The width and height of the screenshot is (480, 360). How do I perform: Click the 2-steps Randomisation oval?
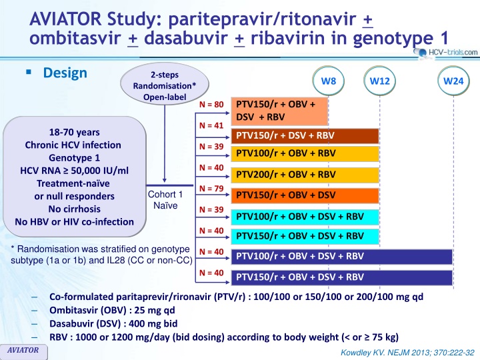pos(163,85)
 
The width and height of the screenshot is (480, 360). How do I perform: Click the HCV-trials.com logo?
pos(447,52)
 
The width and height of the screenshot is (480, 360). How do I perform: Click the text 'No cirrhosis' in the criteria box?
pos(74,209)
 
